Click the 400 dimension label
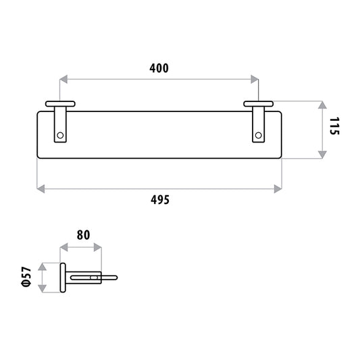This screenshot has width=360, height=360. pyautogui.click(x=159, y=68)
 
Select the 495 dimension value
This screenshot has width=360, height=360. pyautogui.click(x=160, y=200)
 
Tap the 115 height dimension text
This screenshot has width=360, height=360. pyautogui.click(x=334, y=126)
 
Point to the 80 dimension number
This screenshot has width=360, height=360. pyautogui.click(x=83, y=235)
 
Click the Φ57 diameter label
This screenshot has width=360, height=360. pyautogui.click(x=26, y=277)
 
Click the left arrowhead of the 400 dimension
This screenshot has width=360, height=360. pyautogui.click(x=63, y=79)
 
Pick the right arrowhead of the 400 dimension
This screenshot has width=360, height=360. pyautogui.click(x=255, y=79)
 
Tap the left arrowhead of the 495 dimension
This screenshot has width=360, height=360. pyautogui.click(x=41, y=189)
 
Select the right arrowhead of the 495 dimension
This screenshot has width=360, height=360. pyautogui.click(x=278, y=189)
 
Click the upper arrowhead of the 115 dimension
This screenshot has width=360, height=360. pyautogui.click(x=323, y=105)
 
